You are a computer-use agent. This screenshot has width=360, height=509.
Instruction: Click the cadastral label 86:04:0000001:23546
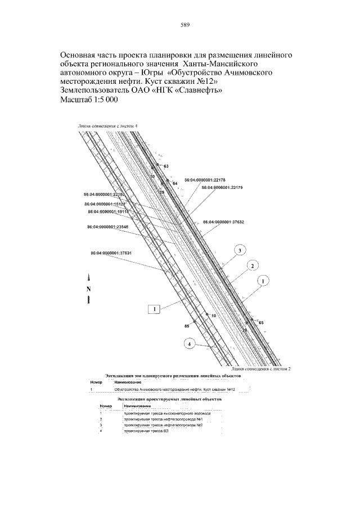click(108, 227)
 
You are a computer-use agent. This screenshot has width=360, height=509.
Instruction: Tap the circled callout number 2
click(253, 265)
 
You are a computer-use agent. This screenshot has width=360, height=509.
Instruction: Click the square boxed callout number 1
click(155, 308)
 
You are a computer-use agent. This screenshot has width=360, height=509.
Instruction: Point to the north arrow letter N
click(89, 289)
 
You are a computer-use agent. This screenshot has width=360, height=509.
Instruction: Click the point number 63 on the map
click(166, 167)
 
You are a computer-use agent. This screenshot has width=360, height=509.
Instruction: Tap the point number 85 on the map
click(187, 326)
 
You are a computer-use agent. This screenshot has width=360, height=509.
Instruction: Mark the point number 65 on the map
click(262, 323)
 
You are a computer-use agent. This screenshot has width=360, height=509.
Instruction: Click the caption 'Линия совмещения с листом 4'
click(107, 126)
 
